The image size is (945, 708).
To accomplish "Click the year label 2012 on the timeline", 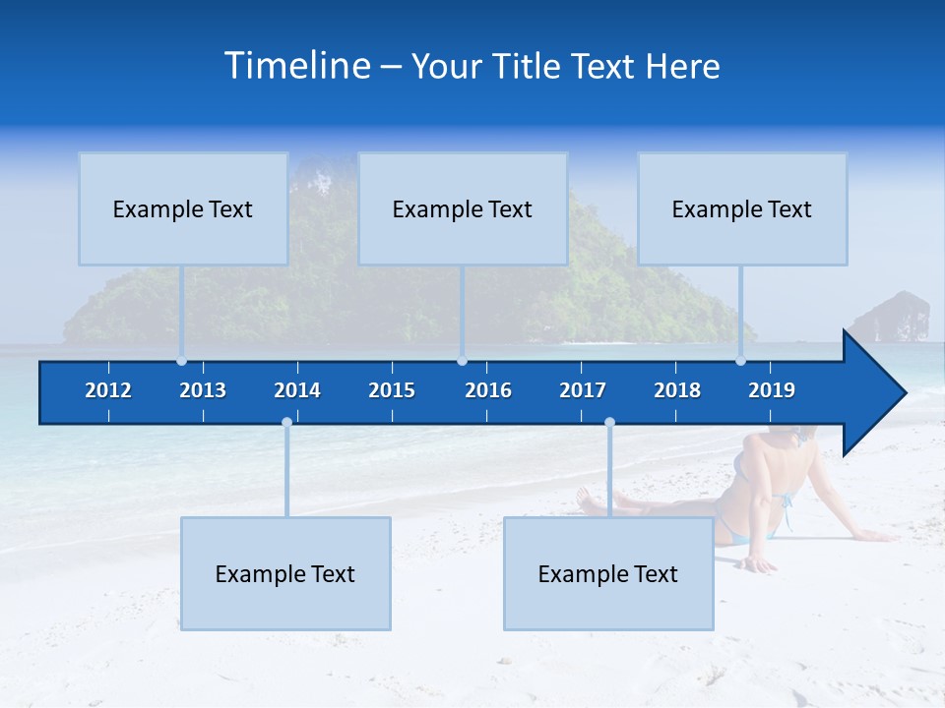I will point(108,390).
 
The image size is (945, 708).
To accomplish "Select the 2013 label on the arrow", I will point(203,390).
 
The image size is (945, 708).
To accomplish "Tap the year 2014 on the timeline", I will point(297,390).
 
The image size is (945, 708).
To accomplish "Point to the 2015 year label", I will point(392,390).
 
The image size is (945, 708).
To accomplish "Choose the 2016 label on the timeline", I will point(488,390).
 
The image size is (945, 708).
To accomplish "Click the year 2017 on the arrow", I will point(583,390).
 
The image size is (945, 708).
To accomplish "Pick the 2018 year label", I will point(677,390).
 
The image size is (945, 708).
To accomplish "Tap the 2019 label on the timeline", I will point(772,390).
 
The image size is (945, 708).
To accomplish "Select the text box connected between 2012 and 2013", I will point(183,208).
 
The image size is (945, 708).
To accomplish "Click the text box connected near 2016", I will point(463,208).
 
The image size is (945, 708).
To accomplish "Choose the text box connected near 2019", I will point(742,208).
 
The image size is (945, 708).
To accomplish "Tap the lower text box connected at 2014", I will point(285,573).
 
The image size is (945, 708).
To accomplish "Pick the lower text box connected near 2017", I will point(608,573).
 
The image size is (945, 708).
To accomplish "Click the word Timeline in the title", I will point(296,66).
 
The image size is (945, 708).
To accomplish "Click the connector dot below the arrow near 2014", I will point(286,423).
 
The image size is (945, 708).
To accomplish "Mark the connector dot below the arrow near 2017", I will point(609,423).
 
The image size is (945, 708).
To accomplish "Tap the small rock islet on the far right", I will point(891,317).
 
